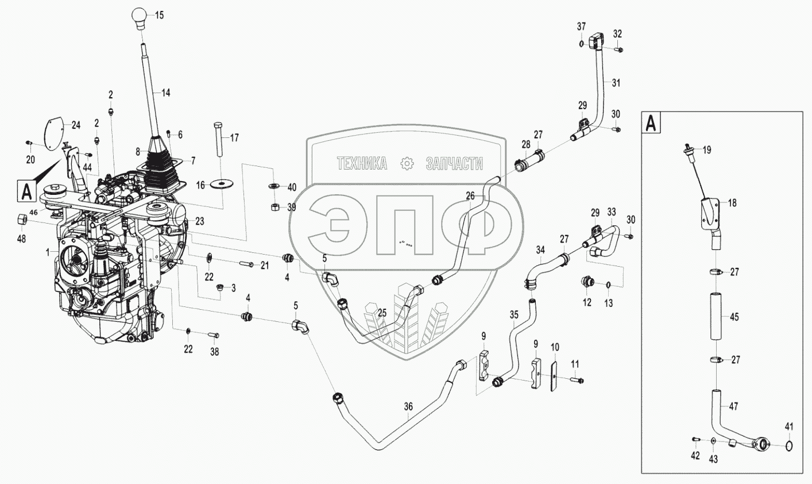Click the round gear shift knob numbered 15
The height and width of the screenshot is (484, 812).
(x=141, y=16)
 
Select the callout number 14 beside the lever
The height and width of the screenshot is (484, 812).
(x=165, y=92)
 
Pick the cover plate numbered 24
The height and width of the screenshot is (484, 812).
(x=56, y=132)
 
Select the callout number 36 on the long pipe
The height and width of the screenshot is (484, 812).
(x=408, y=406)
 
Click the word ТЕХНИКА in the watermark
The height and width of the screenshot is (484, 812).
(x=362, y=164)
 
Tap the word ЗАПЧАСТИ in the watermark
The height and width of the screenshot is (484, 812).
(x=454, y=164)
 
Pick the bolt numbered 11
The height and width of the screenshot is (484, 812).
(x=577, y=379)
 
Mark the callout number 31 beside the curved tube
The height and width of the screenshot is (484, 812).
(x=616, y=83)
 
